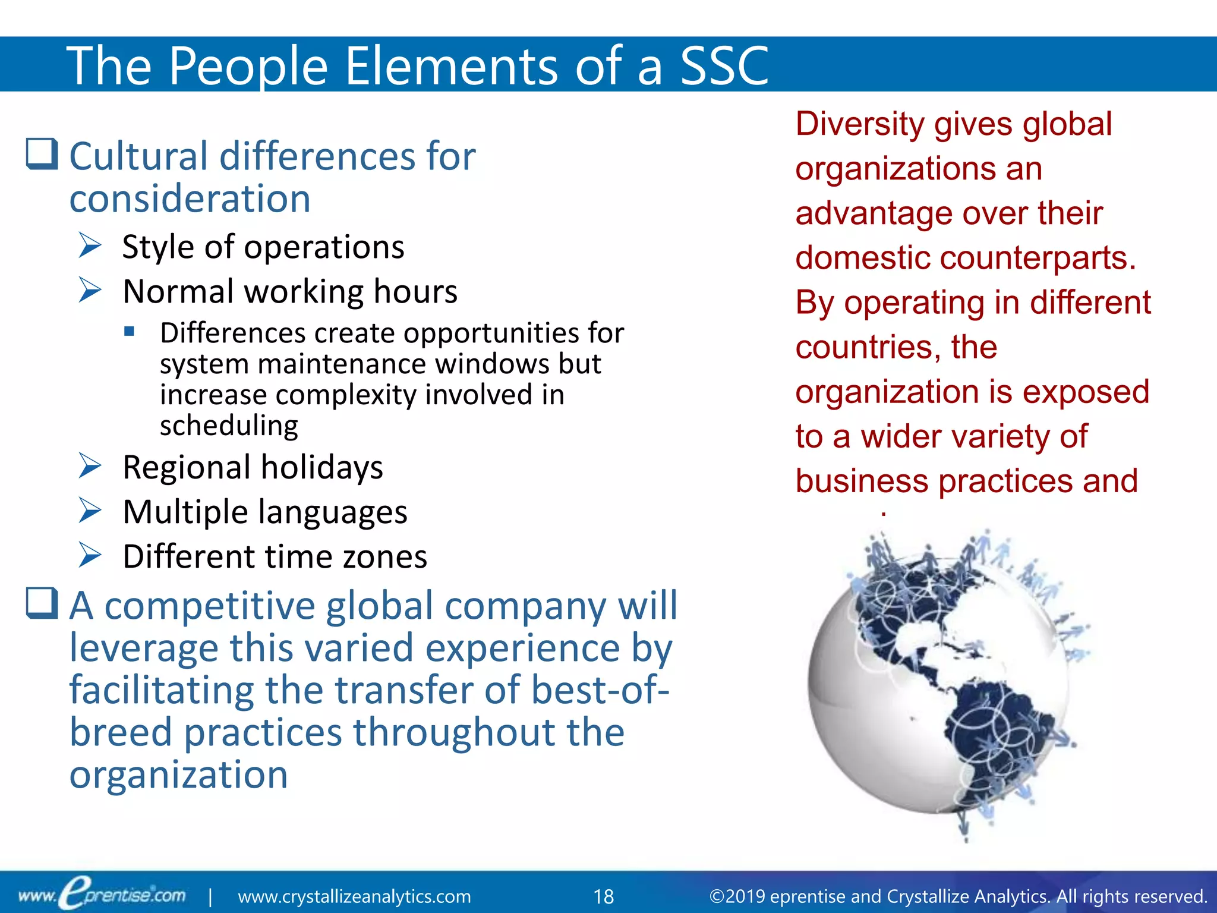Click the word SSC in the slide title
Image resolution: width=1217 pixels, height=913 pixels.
(724, 65)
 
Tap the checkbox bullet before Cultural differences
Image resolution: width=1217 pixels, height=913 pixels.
(42, 155)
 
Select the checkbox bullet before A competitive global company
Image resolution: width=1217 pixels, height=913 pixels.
(42, 603)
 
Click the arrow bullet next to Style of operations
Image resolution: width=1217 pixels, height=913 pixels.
(90, 245)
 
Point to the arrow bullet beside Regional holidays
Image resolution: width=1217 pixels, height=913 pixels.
(90, 466)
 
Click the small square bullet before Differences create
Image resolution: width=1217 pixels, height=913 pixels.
(129, 332)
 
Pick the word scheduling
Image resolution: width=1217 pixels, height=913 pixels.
(229, 426)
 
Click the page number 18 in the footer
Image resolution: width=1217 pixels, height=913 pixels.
(604, 896)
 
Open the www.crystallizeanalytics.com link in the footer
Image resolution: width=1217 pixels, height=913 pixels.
(354, 896)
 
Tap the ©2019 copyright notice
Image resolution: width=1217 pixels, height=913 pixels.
(958, 896)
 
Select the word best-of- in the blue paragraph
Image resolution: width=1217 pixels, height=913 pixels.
(600, 690)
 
